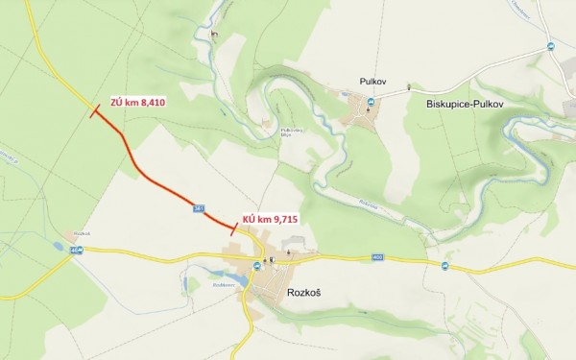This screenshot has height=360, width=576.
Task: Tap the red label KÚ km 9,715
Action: (272, 220)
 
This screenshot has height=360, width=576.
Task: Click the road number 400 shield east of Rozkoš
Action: (377, 257)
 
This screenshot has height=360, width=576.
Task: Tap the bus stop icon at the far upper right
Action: (550, 46)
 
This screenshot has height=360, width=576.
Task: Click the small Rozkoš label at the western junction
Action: (81, 234)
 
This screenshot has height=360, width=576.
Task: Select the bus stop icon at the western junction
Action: (78, 252)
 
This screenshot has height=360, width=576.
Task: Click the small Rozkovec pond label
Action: (221, 284)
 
